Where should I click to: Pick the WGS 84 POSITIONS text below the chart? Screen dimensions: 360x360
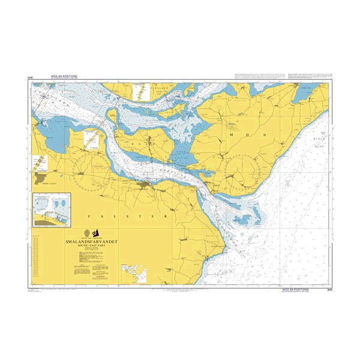pyautogui.click(x=297, y=289)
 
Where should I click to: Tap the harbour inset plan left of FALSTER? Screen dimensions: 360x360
pyautogui.click(x=52, y=210)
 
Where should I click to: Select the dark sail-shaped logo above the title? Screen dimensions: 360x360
pyautogui.click(x=103, y=232)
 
